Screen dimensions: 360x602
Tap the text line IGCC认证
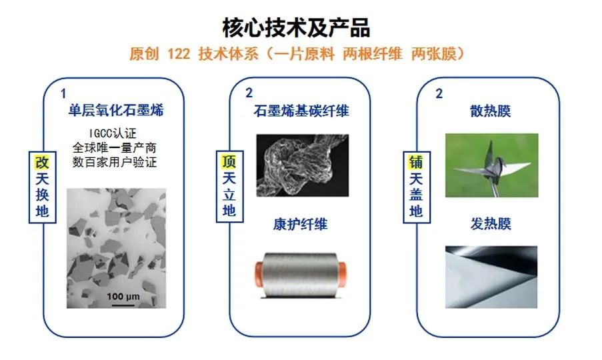(117, 132)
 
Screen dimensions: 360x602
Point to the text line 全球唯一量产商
(117, 147)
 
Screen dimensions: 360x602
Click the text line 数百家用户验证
(117, 161)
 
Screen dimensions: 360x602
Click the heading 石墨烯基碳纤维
(302, 110)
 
